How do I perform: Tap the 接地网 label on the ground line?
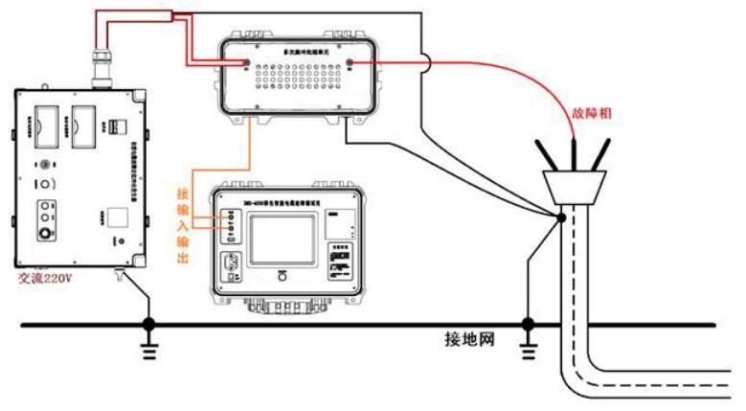click(x=469, y=339)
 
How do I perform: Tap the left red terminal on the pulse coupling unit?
click(x=246, y=66)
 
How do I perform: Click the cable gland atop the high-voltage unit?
click(x=100, y=68)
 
